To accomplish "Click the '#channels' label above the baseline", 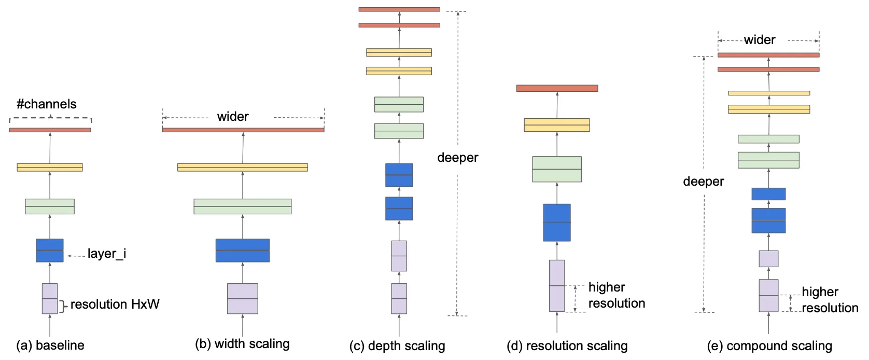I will tap(47, 104).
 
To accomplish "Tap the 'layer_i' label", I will tap(106, 254).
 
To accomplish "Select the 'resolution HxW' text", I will tap(115, 304).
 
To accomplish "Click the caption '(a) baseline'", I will tap(50, 345).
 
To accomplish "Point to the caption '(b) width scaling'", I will tap(242, 344).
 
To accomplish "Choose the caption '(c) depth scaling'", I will tap(397, 346).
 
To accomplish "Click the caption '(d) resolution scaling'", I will tap(567, 346).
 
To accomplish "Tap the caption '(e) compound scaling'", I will tap(769, 346).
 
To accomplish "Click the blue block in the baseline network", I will tap(50, 250).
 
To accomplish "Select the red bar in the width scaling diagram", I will tap(243, 130).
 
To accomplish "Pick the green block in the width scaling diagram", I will tap(243, 206).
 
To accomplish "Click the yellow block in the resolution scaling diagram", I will tap(557, 125).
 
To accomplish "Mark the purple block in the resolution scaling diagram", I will tap(557, 285).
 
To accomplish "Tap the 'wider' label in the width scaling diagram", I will tap(233, 117).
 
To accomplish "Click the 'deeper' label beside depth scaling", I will tap(457, 158).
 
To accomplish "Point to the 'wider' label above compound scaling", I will tap(760, 40).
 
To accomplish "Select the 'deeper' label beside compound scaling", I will tap(703, 182).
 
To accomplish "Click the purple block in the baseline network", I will tap(50, 298).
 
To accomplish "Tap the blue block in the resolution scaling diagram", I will tap(557, 223).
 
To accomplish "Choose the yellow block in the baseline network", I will tap(50, 168).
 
